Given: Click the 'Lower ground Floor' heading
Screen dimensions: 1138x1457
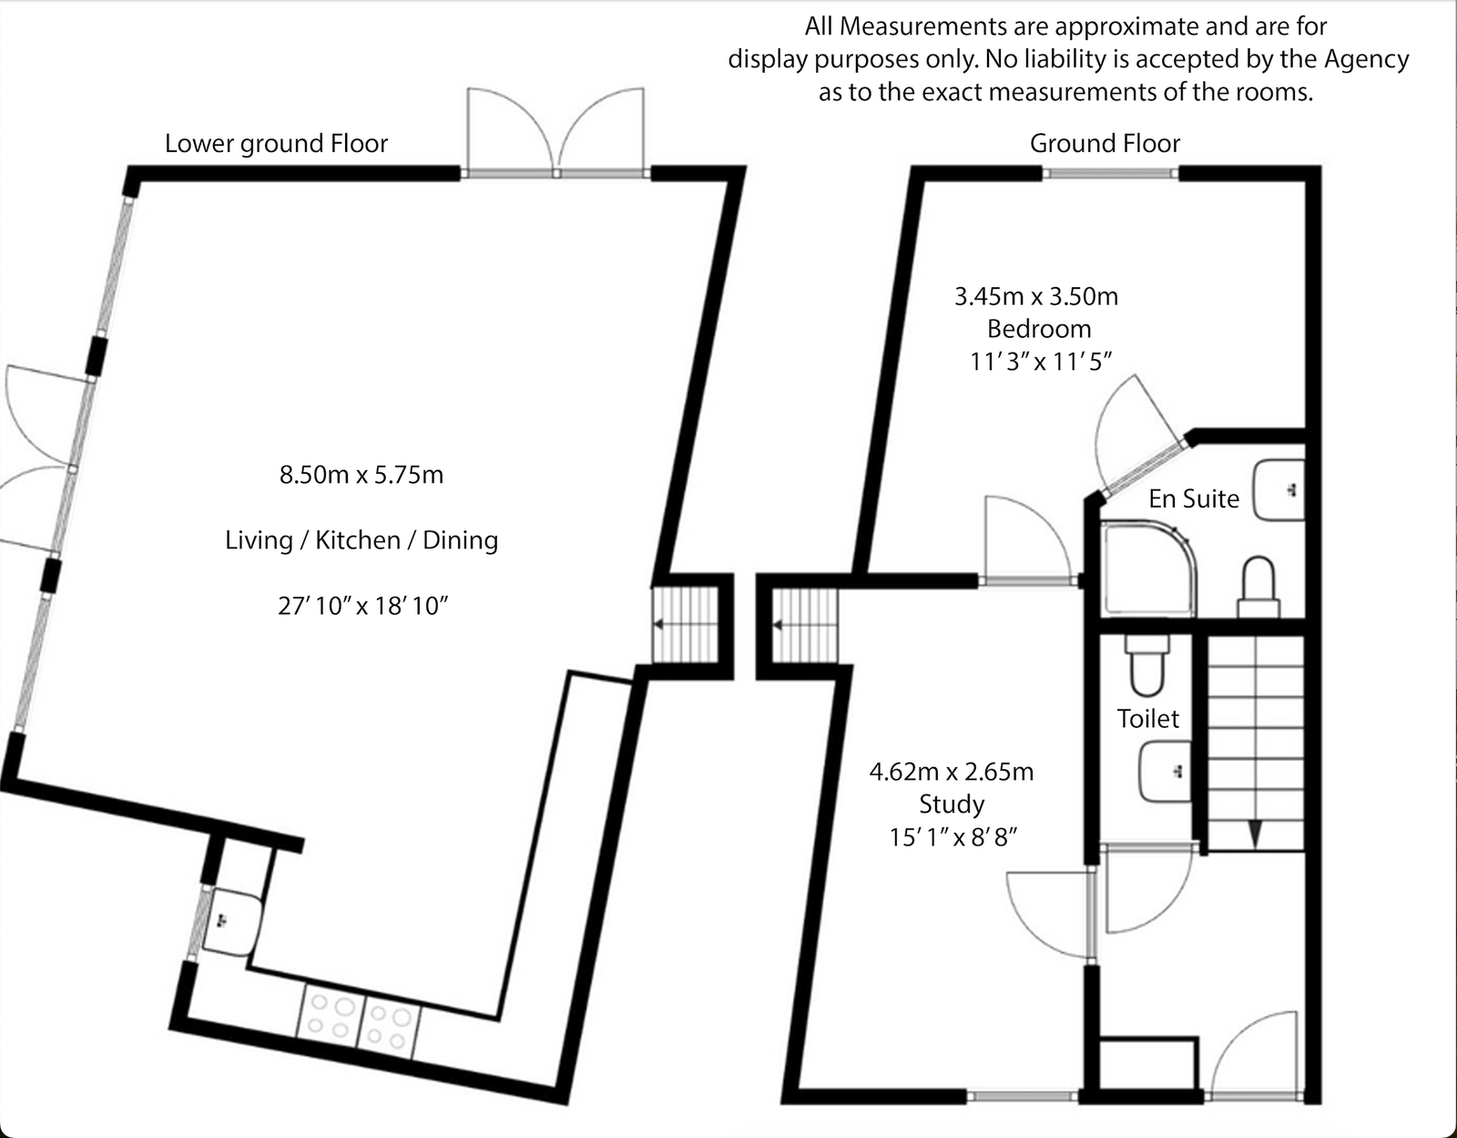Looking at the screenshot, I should coord(276,144).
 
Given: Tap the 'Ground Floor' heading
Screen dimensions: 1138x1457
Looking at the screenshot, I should coord(1105,144).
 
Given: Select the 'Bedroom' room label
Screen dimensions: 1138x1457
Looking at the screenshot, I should coord(1038,329).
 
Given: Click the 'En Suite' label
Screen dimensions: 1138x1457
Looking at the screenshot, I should coord(1193,499).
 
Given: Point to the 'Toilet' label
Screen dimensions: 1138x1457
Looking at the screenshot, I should coord(1147,719).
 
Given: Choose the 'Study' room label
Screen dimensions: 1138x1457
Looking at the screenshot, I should coord(952,804).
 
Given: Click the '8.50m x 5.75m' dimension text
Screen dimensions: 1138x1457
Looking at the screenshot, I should coord(361,475).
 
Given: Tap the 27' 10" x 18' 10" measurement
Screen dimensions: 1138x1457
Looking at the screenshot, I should coord(362,606).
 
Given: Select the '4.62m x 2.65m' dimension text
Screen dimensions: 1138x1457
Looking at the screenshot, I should coord(952,772).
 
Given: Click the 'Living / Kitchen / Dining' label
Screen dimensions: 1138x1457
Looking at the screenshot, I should coord(362,540).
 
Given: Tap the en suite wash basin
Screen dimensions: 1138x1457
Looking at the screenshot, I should coord(1279,490).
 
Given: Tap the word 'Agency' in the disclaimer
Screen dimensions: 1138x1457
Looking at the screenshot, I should coord(1366,59).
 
